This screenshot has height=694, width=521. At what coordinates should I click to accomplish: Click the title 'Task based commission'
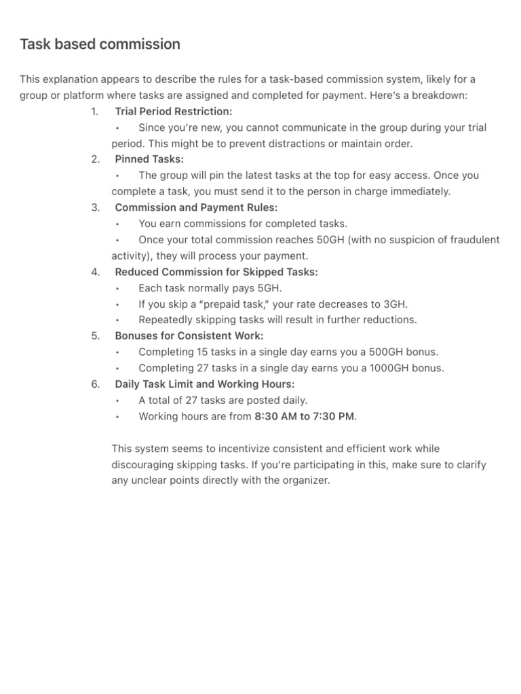[100, 45]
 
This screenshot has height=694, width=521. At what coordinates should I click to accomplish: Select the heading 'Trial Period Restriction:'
[173, 111]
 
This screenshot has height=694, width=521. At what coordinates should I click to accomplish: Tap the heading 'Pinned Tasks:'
[149, 159]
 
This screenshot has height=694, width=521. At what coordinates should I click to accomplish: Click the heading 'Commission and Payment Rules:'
[196, 207]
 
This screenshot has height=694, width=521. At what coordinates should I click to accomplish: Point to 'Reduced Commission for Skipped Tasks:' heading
[216, 272]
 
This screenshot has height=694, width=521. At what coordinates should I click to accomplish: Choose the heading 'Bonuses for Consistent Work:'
[189, 336]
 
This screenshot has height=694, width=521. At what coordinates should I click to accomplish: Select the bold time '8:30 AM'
[275, 417]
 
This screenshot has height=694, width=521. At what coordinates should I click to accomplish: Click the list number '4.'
[95, 272]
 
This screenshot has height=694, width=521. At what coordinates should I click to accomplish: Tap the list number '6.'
[95, 384]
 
